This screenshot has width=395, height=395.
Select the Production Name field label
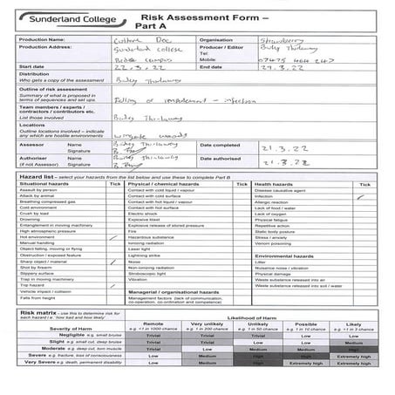pyautogui.click(x=41, y=39)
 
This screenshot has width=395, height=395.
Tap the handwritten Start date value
pyautogui.click(x=136, y=65)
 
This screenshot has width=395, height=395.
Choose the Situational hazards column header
pyautogui.click(x=44, y=184)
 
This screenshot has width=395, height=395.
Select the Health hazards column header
pyautogui.click(x=274, y=184)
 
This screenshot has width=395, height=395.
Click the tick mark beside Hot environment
pyautogui.click(x=114, y=237)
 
